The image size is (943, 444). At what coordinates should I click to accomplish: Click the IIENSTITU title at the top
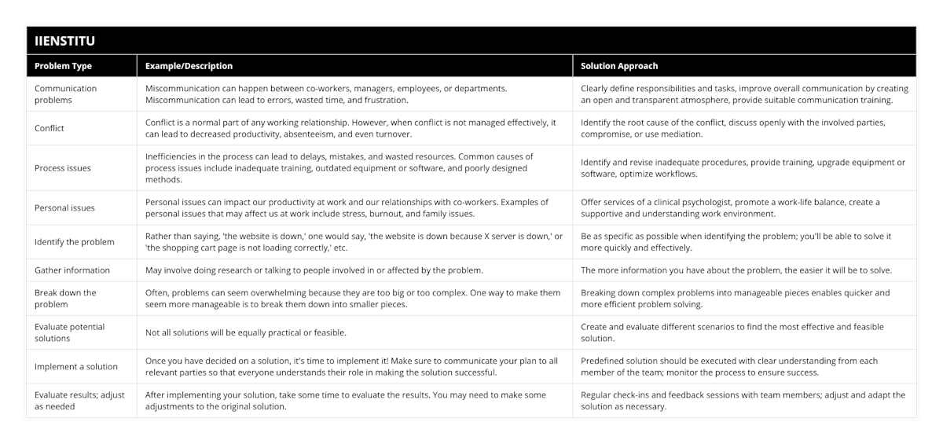click(65, 40)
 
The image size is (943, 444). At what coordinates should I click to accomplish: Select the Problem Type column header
click(63, 66)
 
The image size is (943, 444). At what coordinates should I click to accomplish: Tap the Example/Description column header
click(189, 66)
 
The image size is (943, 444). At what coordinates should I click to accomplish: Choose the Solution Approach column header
click(619, 66)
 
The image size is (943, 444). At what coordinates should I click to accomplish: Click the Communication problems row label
click(66, 94)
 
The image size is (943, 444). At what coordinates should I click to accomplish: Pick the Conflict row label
click(50, 128)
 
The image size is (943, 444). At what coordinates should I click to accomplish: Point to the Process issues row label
click(63, 168)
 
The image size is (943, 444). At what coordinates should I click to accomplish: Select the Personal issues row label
click(65, 207)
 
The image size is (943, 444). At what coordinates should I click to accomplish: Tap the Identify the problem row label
click(75, 242)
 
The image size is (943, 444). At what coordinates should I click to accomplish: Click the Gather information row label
click(72, 270)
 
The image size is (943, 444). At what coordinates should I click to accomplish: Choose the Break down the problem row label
click(65, 299)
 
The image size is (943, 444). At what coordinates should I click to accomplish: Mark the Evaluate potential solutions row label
click(70, 332)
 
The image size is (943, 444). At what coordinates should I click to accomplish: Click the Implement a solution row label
click(76, 366)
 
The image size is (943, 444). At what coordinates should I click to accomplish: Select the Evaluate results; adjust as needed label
click(79, 401)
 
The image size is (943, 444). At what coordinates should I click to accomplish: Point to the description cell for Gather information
click(314, 270)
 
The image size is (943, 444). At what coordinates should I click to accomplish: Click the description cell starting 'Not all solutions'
click(246, 332)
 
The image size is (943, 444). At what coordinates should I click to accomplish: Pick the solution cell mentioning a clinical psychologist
click(730, 207)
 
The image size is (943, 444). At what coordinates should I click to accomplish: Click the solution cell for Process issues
click(743, 168)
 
